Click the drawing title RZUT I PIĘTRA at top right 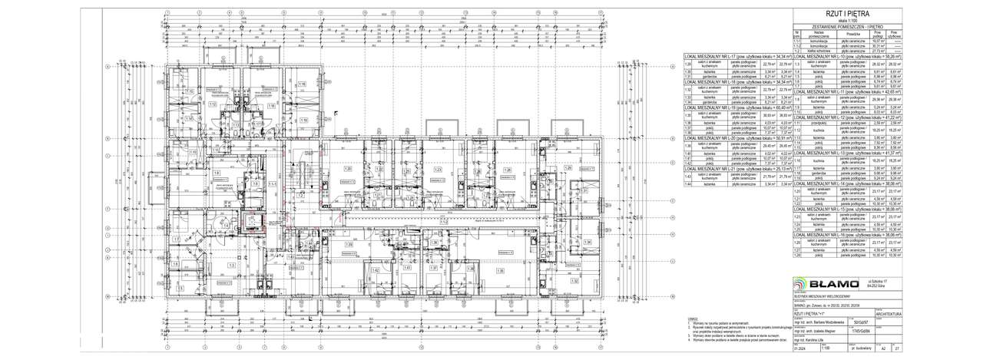[x=846, y=14]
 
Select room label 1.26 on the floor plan [x=508, y=170]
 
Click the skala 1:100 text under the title [x=846, y=21]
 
